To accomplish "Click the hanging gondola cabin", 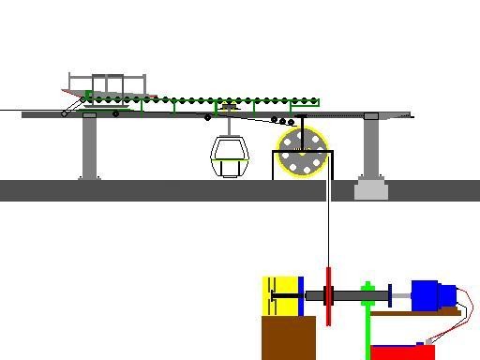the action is click(229, 155).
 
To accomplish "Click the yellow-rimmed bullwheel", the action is click(302, 152).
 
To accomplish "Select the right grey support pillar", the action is click(371, 146).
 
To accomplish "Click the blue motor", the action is click(430, 295).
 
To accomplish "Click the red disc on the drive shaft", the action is click(329, 296).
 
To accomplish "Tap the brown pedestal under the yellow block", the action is click(288, 337).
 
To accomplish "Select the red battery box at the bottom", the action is click(402, 352).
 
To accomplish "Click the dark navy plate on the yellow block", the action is click(300, 296).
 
